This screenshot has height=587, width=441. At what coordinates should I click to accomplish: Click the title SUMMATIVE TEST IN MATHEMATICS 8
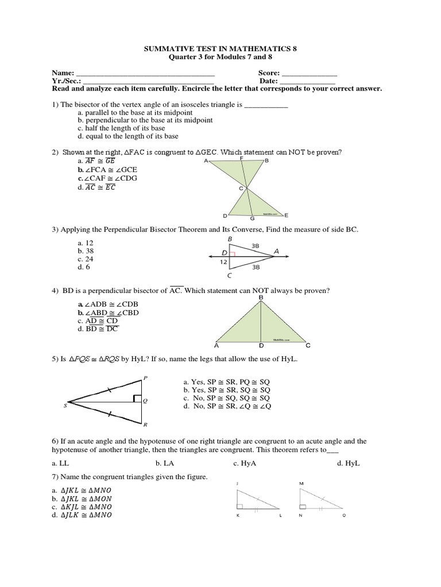click(x=220, y=50)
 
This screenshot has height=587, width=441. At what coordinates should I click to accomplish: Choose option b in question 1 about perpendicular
click(x=145, y=120)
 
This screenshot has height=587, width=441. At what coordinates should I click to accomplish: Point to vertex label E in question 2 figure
click(x=286, y=216)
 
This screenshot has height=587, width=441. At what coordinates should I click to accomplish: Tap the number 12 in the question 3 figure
click(x=224, y=262)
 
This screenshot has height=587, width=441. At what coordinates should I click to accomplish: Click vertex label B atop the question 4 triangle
click(x=261, y=298)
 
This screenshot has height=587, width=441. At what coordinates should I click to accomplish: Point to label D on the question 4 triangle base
click(x=261, y=346)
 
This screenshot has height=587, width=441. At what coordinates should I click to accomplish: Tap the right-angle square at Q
click(x=137, y=398)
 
